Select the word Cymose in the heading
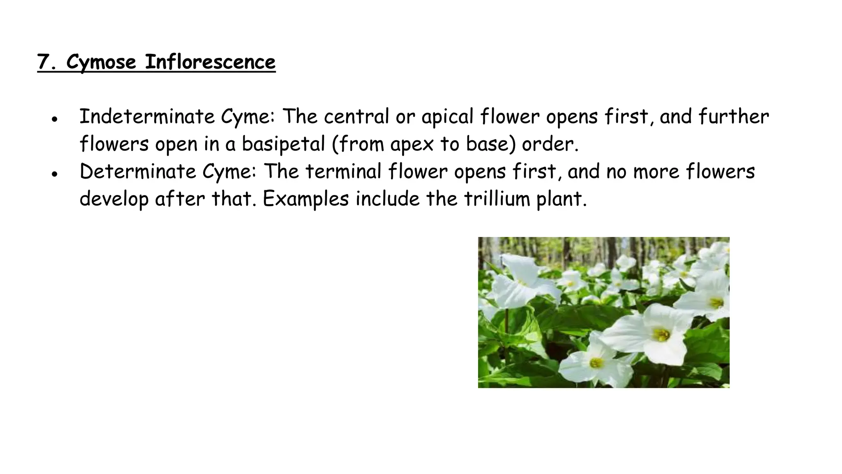coord(101,63)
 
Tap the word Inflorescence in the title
coord(210,63)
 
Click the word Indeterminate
coord(147,116)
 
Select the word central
coord(356,116)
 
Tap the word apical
coord(447,117)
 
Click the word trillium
coord(497,199)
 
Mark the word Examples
coord(306,200)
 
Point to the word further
coord(733,116)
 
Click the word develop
coord(113,200)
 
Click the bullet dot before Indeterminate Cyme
coord(54,119)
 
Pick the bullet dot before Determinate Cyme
coord(54,174)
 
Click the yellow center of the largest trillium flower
coord(662,334)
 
